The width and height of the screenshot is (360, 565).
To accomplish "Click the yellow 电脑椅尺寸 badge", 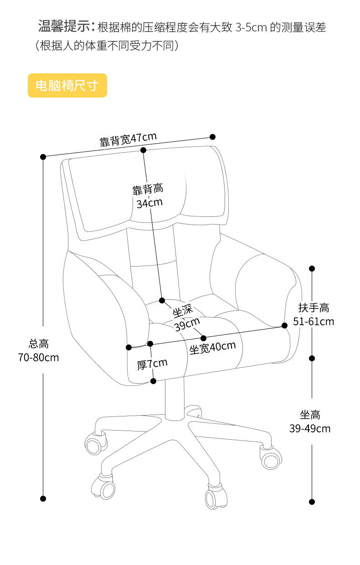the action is coord(67,85).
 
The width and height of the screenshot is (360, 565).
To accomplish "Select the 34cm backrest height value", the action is coord(149,203).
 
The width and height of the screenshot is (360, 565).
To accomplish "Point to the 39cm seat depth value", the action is coord(187,324).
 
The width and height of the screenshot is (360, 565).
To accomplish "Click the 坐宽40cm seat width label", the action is coord(213,348).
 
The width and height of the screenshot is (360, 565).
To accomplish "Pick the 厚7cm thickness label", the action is coord(152,364).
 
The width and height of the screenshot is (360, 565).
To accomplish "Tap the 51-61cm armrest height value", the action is coord(314,322).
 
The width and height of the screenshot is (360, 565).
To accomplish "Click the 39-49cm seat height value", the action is coord(310,429).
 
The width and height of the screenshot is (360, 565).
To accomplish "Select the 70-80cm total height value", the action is coord(38,357).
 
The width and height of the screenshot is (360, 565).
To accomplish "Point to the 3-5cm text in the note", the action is coord(251,27).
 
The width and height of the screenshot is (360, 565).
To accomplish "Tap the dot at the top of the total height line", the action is coord(43,157).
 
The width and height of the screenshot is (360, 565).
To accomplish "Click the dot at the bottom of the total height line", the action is coord(43,498).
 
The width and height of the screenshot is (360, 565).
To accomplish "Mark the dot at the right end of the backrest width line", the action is coord(213,137).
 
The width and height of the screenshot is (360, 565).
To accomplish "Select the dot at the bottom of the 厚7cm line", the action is coord(154,381).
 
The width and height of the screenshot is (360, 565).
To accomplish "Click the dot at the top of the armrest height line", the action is coord(312,269).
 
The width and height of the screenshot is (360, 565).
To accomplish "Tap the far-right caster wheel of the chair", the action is coord(271,458).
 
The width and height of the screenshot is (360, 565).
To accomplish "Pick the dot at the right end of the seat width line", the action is coord(284,325).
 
